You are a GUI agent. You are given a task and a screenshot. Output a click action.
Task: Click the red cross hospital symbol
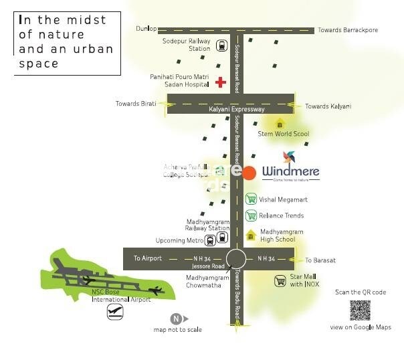click(221, 82)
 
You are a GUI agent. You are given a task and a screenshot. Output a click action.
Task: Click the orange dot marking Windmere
click(249, 173)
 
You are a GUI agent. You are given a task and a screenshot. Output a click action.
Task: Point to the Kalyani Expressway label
click(237, 109)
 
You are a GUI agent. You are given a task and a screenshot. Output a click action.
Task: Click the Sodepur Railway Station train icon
click(223, 47)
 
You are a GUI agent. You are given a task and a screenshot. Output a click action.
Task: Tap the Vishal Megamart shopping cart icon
click(251, 199)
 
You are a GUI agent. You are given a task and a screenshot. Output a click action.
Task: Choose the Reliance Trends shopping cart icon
click(251, 215)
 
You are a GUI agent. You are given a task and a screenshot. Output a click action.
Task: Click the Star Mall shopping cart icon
click(280, 281)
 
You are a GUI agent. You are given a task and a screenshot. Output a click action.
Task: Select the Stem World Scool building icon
click(280, 124)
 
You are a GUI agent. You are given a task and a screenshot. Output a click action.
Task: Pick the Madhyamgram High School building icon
click(251, 235)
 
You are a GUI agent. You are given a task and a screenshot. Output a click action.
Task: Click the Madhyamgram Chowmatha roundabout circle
click(237, 259)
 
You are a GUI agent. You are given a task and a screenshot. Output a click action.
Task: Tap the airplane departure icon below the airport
click(116, 312)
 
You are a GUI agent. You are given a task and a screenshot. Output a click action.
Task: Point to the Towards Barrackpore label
click(348, 30)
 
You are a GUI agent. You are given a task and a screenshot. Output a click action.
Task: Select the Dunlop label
click(146, 29)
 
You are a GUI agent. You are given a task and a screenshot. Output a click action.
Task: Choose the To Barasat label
click(320, 260)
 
